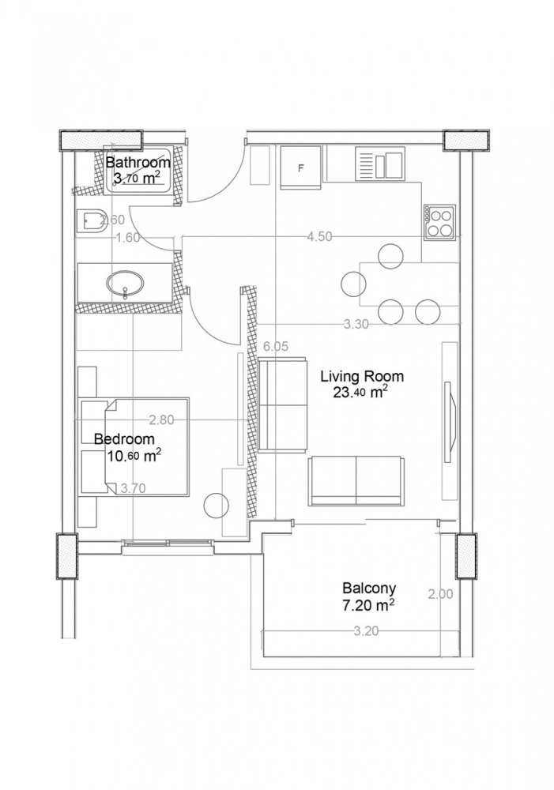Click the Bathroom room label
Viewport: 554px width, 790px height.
138,163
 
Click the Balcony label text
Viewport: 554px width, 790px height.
369,589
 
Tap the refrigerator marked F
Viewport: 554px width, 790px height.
300,167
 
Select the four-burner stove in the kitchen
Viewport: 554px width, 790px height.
440,221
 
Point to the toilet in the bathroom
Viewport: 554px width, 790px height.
89,220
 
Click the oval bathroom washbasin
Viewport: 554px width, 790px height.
125,284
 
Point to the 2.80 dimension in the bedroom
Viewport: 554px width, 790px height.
161,420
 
